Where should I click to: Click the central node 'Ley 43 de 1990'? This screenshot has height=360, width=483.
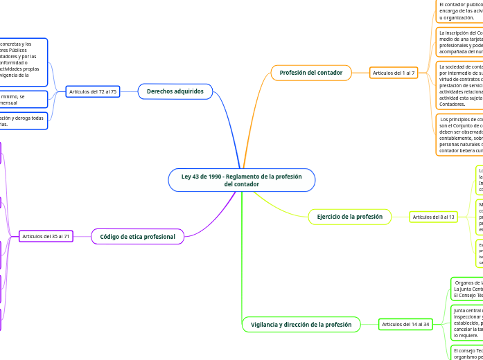coord(241,180)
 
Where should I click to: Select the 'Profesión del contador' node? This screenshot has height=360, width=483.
coord(310,73)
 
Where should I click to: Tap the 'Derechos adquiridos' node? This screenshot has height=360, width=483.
coord(175,91)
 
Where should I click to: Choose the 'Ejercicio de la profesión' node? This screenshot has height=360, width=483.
coord(349,217)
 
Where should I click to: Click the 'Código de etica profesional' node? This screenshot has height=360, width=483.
coord(137,237)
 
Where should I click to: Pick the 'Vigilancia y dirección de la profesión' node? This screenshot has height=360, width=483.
coord(301,324)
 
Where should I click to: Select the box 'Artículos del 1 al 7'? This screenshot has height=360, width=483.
coord(394,73)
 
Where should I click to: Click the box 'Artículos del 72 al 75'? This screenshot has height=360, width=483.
coord(93,91)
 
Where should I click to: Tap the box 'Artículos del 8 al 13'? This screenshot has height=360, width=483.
coord(434,217)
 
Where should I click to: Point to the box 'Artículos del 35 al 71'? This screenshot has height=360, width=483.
coord(46,237)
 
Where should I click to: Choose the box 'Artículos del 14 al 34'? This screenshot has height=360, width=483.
coord(405,324)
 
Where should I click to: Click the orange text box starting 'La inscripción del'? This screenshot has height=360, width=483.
coord(459,42)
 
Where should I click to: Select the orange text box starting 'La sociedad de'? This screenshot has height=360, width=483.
coord(459,85)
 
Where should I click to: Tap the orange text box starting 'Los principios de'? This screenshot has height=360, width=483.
coord(459,134)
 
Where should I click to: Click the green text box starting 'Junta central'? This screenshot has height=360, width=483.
coord(466,323)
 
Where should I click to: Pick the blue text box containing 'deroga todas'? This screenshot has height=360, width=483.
coord(24,121)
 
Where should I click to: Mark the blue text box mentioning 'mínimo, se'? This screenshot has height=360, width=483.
coord(24,100)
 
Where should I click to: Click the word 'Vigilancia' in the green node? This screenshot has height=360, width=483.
coord(266,324)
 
